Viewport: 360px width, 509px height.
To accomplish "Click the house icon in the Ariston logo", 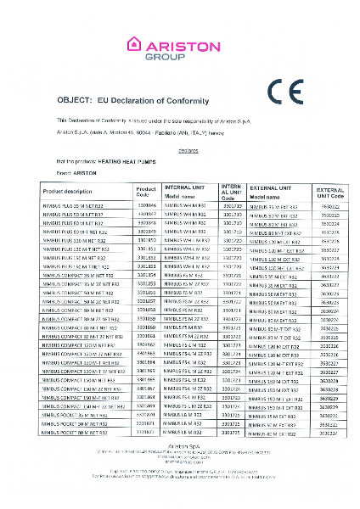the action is click(133, 44).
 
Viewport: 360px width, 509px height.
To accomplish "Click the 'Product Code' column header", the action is click(146, 190).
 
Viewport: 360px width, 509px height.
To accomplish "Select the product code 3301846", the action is click(147, 206).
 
